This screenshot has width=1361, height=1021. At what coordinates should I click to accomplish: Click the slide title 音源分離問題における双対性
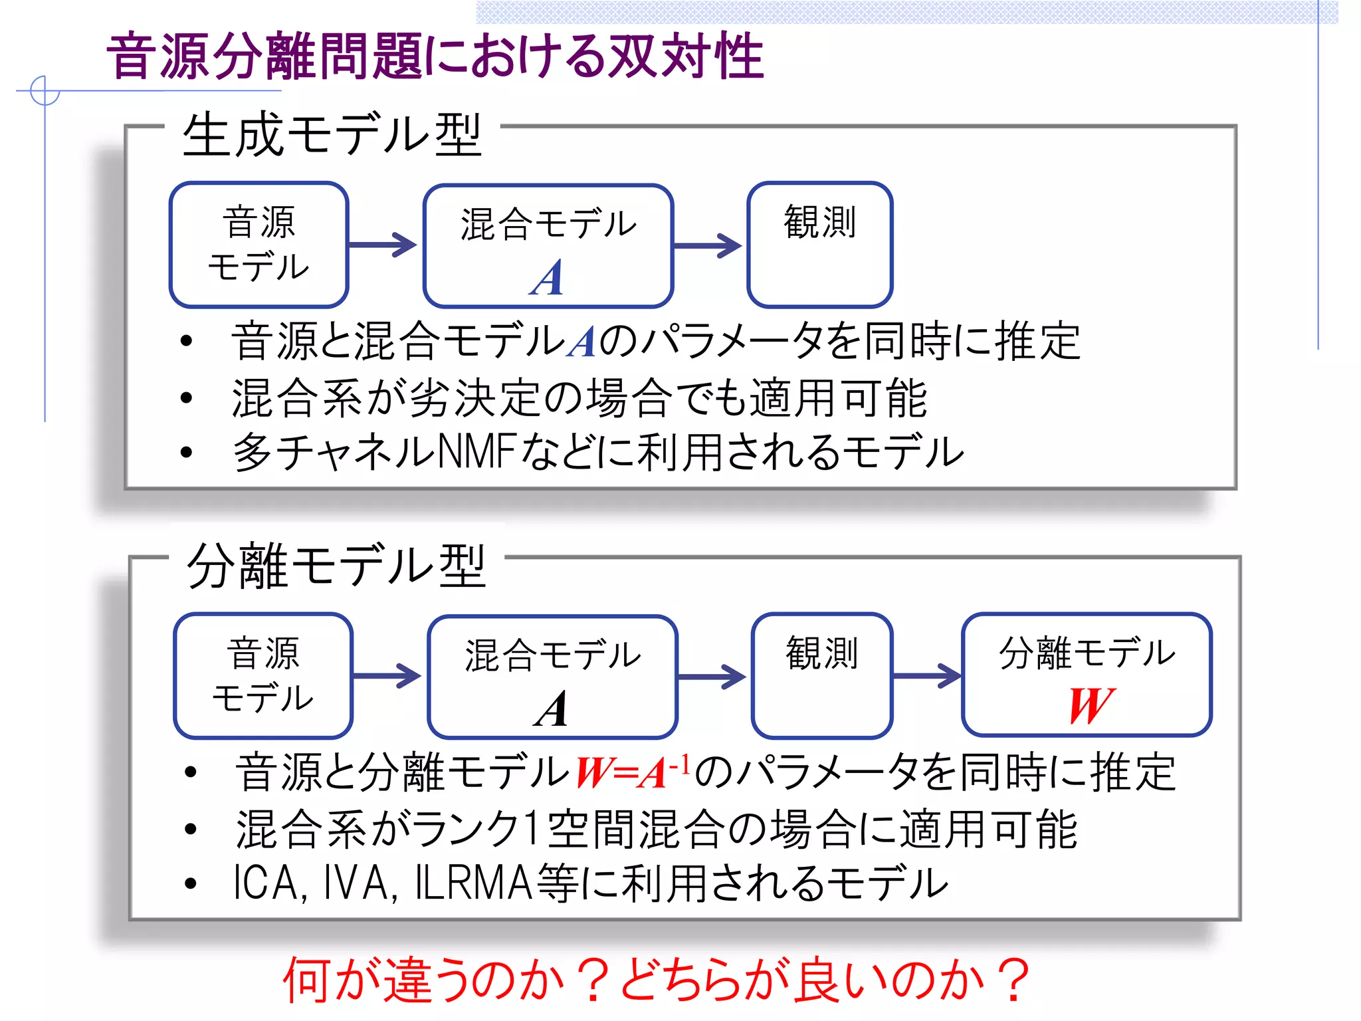click(x=435, y=57)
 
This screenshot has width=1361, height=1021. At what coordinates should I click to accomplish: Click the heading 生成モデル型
click(x=332, y=135)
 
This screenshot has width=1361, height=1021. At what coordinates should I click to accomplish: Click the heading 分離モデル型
click(x=336, y=566)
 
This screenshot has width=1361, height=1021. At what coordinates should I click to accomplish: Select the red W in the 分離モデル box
click(x=1091, y=706)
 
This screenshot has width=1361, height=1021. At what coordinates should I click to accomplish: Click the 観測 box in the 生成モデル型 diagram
click(x=819, y=244)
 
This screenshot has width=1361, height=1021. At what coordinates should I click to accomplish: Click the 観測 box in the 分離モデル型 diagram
click(x=822, y=675)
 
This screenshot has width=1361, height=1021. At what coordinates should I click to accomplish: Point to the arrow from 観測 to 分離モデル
click(x=927, y=676)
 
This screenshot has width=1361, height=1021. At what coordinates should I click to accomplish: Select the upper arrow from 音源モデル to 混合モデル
click(x=383, y=245)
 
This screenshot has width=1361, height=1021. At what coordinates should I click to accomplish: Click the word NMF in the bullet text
click(x=478, y=451)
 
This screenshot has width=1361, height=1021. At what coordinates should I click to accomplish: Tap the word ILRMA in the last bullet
click(x=473, y=883)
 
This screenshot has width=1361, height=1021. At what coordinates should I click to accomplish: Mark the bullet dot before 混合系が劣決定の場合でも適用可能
click(x=187, y=397)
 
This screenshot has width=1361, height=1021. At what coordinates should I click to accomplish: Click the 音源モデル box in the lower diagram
click(x=263, y=675)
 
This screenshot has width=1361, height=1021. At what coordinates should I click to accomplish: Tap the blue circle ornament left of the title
click(x=45, y=90)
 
